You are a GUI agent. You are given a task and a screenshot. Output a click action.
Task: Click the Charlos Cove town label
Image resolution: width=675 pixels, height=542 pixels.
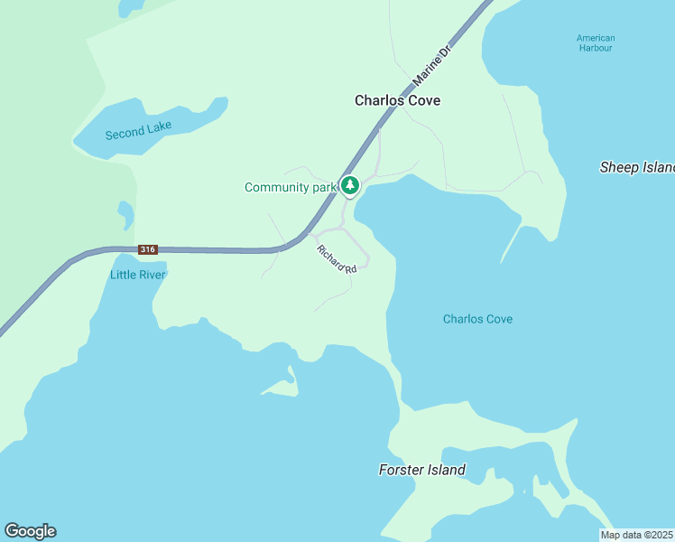click(397, 100)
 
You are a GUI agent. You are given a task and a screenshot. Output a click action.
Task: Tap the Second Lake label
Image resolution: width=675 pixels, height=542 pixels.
click(138, 130)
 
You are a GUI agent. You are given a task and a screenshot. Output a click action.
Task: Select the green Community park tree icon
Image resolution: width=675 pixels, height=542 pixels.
click(350, 185)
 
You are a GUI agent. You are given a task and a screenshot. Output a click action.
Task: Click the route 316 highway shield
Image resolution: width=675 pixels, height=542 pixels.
click(148, 249)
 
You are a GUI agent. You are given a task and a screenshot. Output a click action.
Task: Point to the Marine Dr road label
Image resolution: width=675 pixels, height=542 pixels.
click(431, 66)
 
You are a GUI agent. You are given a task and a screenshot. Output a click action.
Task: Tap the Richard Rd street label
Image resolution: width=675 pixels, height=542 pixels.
click(337, 258)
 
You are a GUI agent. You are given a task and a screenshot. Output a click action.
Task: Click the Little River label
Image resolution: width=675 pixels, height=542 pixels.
click(138, 275)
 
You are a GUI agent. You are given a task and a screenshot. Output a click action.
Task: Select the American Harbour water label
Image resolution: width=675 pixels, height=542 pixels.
click(596, 42)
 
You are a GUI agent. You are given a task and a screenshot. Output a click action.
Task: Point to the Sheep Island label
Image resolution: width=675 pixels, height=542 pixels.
click(637, 167)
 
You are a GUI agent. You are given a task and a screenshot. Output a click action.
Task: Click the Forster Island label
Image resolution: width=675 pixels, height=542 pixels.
click(421, 470)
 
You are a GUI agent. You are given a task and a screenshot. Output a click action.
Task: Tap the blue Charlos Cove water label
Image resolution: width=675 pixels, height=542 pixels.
click(477, 319)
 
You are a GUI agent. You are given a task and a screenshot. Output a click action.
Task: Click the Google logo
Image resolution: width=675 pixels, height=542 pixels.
click(30, 531)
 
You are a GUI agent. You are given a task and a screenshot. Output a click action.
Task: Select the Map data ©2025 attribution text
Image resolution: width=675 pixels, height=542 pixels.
click(636, 535)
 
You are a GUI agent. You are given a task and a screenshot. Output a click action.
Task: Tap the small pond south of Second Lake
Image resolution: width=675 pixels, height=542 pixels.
click(125, 213)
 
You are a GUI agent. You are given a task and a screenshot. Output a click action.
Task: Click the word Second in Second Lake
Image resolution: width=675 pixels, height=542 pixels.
click(125, 133)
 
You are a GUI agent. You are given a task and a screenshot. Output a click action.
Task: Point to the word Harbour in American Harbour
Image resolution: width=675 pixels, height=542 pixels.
click(596, 48)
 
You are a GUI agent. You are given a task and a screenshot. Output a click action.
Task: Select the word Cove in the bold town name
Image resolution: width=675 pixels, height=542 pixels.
click(423, 100)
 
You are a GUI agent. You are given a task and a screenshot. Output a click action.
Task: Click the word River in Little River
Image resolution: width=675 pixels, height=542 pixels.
click(151, 275)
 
